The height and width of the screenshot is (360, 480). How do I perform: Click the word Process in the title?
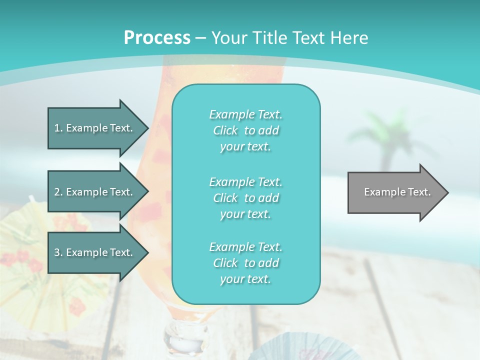[x=157, y=38]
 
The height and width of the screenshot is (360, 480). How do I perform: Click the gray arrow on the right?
[x=395, y=192]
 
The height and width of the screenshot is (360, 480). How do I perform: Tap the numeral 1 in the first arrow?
[x=57, y=128]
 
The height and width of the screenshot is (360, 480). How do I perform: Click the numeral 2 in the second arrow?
[x=57, y=192]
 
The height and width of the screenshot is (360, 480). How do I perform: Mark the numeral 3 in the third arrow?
[x=57, y=252]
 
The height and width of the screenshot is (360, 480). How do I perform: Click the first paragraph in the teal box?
[x=245, y=130]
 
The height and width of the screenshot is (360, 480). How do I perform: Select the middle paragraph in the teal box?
[x=245, y=198]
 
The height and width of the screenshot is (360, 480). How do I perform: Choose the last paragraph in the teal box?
[x=245, y=263]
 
